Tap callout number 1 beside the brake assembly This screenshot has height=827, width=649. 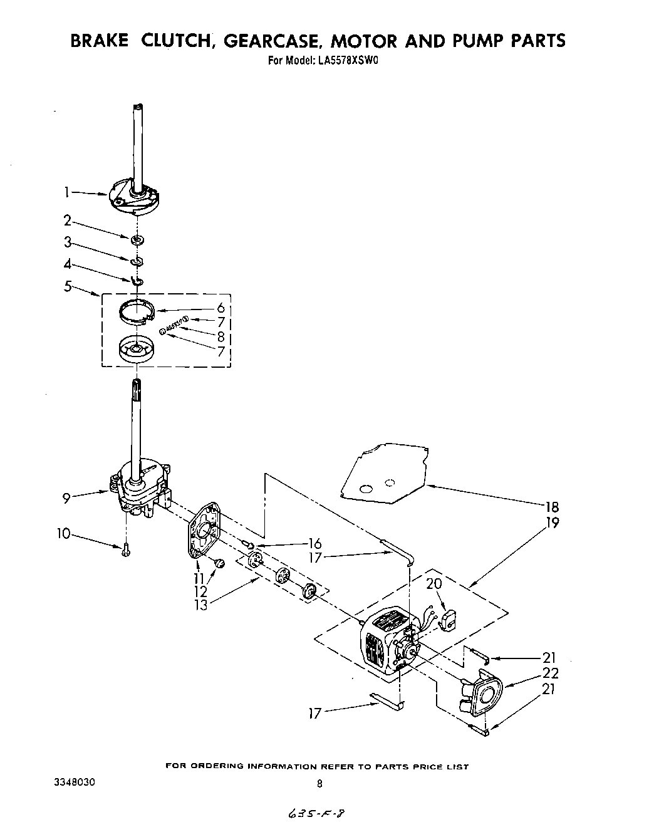tap(66, 193)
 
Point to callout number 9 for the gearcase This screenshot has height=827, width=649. tap(66, 499)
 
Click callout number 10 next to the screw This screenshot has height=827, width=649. tap(63, 534)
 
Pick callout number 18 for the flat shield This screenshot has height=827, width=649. tap(552, 507)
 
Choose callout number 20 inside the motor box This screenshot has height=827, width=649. tap(434, 583)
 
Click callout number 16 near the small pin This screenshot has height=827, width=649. tap(314, 544)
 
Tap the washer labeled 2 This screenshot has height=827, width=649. tap(137, 239)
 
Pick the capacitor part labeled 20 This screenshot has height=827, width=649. tap(449, 620)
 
